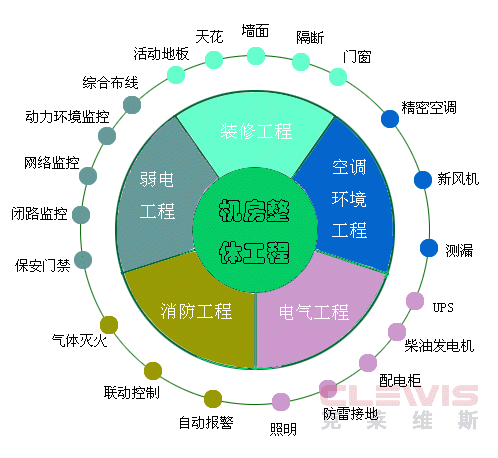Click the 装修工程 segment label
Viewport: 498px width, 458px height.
256,131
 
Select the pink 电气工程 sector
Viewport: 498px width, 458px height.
317,317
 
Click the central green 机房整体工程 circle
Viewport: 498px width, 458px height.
255,230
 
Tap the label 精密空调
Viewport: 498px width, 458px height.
429,108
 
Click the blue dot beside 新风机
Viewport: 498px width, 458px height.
423,180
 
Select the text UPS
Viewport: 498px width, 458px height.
443,307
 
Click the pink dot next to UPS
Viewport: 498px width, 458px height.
415,301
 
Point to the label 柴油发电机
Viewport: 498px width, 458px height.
439,346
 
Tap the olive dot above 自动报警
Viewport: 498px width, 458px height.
213,399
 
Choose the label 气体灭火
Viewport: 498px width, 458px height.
79,340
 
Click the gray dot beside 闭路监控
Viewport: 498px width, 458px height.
81,215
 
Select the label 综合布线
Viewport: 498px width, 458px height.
110,82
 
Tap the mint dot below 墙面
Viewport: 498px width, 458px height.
256,56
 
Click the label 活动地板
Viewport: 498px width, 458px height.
161,53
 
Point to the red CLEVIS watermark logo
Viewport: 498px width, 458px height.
399,396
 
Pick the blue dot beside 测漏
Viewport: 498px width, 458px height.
429,248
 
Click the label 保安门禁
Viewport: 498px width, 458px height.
43,266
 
